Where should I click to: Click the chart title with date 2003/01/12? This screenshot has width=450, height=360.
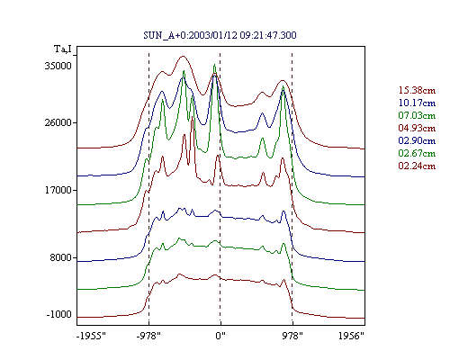220,35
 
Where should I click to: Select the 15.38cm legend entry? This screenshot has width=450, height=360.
417,90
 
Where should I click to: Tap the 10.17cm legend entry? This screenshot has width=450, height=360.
417,103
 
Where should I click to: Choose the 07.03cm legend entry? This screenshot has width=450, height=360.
417,115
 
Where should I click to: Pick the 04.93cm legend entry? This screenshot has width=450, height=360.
417,128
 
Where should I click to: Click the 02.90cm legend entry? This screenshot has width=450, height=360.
417,140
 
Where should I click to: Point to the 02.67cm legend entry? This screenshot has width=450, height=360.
417,153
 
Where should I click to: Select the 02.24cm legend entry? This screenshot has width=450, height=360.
417,166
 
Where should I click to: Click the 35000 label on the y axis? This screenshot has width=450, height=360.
58,66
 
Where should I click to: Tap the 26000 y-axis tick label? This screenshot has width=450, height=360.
58,122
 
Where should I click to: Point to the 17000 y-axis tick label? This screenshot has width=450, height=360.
58,190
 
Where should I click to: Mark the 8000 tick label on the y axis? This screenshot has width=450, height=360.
60,257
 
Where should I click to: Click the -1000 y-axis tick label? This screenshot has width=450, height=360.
58,314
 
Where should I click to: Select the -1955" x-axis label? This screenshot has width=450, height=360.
91,336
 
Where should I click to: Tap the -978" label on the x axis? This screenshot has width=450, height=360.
148,336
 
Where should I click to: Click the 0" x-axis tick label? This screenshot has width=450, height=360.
220,336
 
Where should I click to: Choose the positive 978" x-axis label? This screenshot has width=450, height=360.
292,336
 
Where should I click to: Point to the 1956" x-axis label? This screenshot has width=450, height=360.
351,336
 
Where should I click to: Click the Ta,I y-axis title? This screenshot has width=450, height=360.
63,49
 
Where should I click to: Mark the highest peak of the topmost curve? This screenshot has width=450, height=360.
183,56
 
